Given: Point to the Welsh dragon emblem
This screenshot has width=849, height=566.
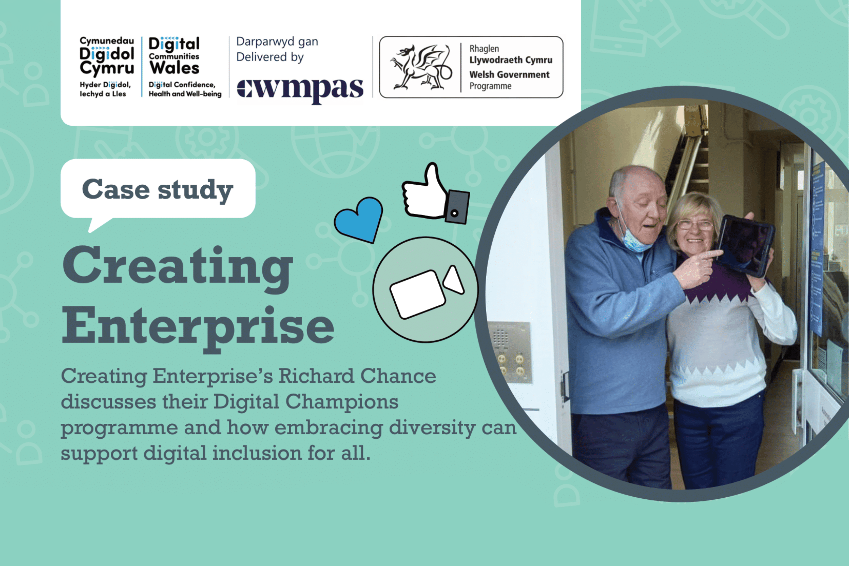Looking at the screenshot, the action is tap(421, 67).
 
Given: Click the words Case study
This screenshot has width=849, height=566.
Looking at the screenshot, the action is tap(158, 190).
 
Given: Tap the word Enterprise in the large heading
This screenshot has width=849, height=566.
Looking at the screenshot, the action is tap(198, 327).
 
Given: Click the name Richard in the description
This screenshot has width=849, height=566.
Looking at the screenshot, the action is tap(316, 376).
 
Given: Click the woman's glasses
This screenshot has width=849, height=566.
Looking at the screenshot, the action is tap(694, 225).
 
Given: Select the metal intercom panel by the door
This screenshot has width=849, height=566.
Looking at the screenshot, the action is tap(510, 351).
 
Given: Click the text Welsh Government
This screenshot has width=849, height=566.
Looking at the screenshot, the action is tap(509, 74).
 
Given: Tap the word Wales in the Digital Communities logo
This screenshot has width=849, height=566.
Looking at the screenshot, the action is tap(175, 68).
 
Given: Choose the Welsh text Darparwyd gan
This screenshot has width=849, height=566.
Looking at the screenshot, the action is tap(277, 42).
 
